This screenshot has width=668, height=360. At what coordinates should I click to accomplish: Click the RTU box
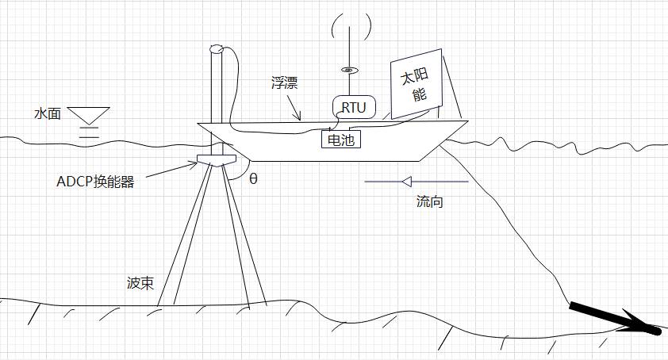[x=354, y=107]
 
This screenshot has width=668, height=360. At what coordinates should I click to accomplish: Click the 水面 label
[x=48, y=113]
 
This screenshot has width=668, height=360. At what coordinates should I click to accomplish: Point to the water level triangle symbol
[x=88, y=116]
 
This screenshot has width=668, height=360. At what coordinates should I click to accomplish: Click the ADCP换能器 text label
[x=96, y=181]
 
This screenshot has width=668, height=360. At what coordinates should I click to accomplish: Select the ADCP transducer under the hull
[x=214, y=163]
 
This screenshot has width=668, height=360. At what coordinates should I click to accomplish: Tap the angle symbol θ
[x=253, y=178]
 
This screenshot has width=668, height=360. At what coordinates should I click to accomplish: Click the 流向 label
[x=429, y=201]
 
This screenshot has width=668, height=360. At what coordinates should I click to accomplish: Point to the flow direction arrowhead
[x=405, y=182]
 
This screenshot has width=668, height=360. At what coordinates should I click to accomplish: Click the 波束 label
[x=139, y=282]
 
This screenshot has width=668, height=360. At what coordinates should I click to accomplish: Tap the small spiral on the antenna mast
[x=347, y=70]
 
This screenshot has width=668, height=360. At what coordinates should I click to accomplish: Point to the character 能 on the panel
[x=420, y=97]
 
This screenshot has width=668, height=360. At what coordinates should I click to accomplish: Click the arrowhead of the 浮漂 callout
[x=299, y=119]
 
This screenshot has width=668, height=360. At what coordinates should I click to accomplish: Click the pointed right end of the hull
[x=466, y=122]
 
